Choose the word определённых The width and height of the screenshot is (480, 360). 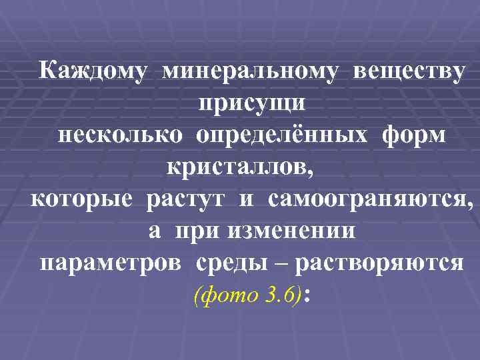coord(281,135)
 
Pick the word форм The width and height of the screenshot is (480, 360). coord(414,135)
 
